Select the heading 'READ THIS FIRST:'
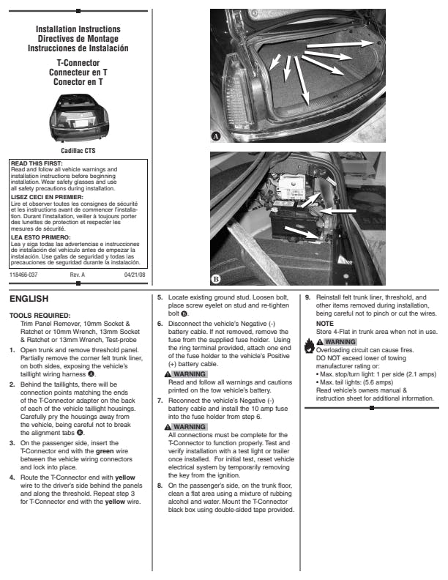coord(36,163)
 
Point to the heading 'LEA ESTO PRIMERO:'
coord(40,237)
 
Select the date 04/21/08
coord(135,275)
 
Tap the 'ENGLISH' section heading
coord(29,299)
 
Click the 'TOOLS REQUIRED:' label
coord(40,315)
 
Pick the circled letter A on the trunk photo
coord(216,137)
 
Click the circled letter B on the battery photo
coord(216,279)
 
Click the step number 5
coord(160,298)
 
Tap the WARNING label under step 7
coord(186,426)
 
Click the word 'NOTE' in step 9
coord(324,323)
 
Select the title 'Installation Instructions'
coord(78,29)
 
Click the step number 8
coord(160,485)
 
